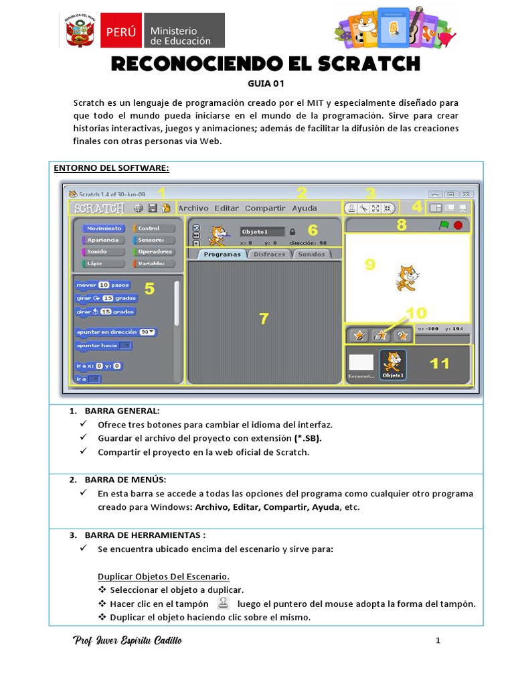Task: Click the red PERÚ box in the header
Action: click(x=120, y=31)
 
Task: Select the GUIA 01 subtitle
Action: click(x=257, y=84)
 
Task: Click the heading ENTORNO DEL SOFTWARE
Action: click(x=112, y=167)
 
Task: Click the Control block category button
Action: click(x=153, y=228)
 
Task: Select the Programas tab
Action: click(x=222, y=255)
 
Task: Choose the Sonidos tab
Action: click(x=311, y=255)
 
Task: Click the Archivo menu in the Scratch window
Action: click(x=193, y=208)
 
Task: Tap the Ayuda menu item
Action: click(x=305, y=208)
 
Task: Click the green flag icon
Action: click(x=444, y=226)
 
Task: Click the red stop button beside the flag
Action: click(x=458, y=226)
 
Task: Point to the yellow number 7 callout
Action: click(x=264, y=319)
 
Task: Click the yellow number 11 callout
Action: click(x=440, y=363)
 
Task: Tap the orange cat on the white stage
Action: click(x=406, y=277)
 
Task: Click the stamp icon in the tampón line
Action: click(x=224, y=602)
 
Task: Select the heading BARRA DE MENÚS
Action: click(x=125, y=480)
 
